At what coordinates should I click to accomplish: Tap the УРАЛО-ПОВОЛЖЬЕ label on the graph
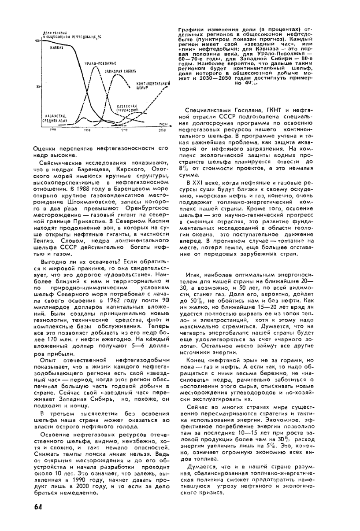point(100,63)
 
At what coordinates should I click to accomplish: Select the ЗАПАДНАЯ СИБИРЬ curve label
point(120,70)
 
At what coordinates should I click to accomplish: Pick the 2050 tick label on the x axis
point(162,131)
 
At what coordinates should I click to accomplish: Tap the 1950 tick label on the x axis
point(87,131)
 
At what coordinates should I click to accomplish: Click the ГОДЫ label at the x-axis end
point(163,125)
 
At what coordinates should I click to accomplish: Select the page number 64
point(37,506)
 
